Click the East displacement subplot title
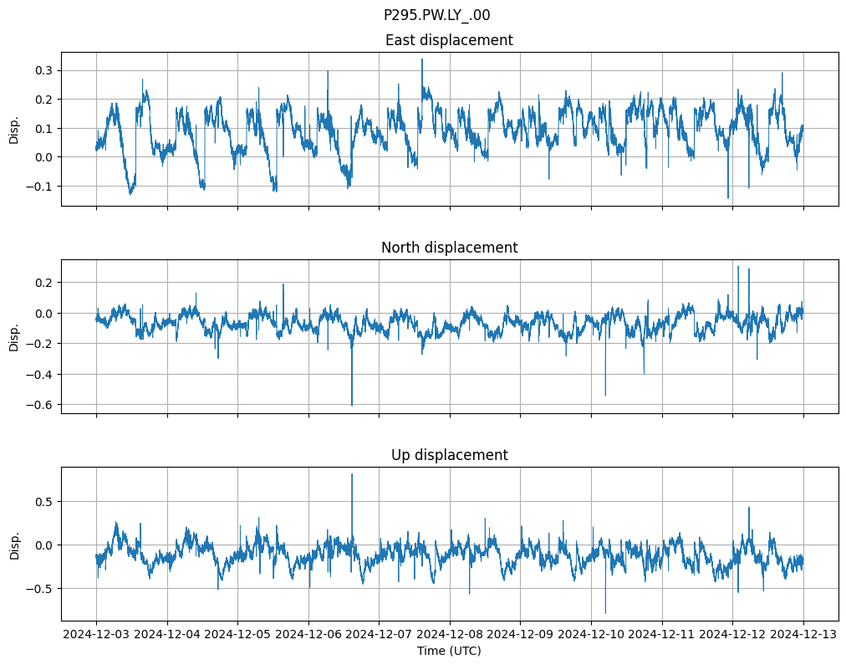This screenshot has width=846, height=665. coord(449,40)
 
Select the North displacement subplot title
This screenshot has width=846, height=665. coord(449,248)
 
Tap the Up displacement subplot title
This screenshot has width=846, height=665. coord(449,455)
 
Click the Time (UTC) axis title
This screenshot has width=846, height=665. coord(449,650)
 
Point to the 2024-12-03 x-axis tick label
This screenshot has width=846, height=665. coord(96,635)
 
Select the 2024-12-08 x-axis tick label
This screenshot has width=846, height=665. coord(450,635)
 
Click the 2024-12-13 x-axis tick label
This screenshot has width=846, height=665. coord(803,635)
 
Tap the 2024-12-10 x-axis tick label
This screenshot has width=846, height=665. coord(591,635)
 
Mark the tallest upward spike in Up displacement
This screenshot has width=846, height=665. coord(352,474)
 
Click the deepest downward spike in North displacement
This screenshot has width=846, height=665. coord(352,405)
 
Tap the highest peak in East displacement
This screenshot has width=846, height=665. coord(422,59)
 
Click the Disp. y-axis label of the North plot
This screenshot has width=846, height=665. coord(14,336)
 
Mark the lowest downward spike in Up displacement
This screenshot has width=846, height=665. coord(605,613)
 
